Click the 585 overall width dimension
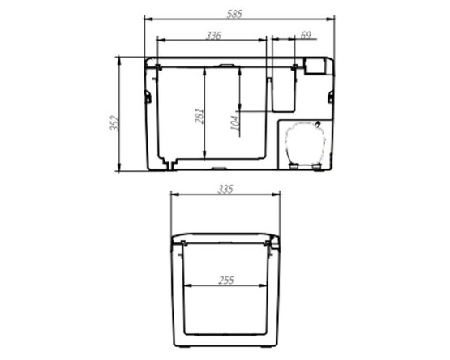tap(239, 10)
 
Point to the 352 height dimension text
tap(114, 122)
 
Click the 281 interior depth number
tap(199, 118)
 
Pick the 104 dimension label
tap(235, 122)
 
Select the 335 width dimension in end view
tap(225, 189)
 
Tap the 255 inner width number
tap(226, 281)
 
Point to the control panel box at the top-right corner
tap(315, 66)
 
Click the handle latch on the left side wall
tap(148, 96)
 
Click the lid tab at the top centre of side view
tap(227, 64)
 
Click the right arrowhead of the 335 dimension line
tap(280, 195)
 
